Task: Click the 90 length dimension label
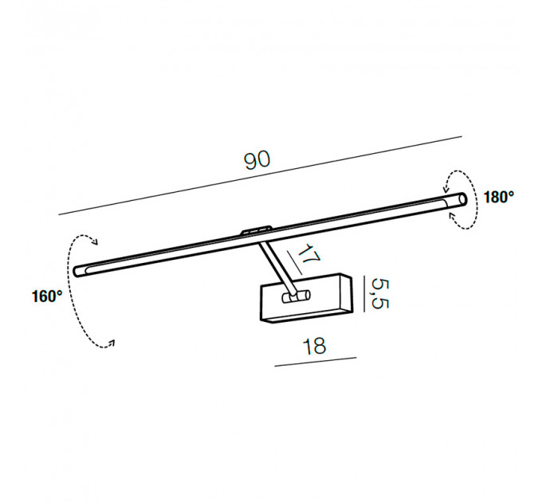point(257,160)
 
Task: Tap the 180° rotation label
point(498,197)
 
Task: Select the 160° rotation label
point(47,296)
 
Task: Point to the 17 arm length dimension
point(308,253)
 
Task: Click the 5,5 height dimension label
point(380,293)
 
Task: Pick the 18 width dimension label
point(314,347)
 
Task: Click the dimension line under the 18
point(316,362)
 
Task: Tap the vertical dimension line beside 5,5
point(364,294)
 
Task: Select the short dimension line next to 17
point(294,263)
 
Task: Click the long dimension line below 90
point(261,175)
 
